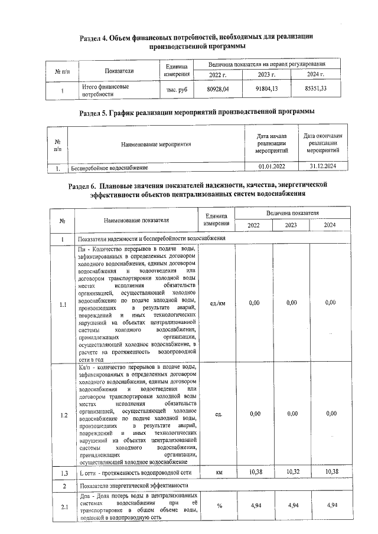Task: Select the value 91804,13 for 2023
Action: [266, 89]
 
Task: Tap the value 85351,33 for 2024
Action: [315, 89]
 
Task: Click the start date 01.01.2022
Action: [272, 168]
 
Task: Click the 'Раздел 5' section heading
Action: [197, 112]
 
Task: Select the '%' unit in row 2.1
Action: [218, 506]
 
